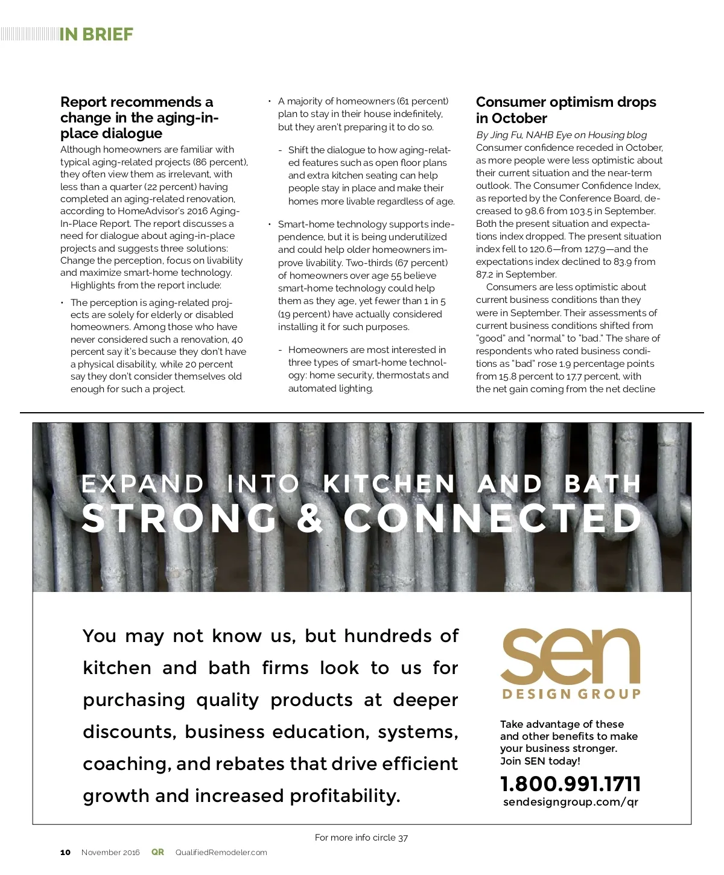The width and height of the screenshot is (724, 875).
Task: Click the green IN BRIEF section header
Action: click(x=96, y=34)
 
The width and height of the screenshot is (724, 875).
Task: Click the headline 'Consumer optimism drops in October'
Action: click(x=565, y=110)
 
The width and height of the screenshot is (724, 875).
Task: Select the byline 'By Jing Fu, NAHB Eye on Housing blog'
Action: click(x=561, y=135)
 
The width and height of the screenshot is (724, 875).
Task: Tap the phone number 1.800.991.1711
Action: click(x=570, y=784)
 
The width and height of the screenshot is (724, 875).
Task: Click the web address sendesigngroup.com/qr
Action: click(x=570, y=802)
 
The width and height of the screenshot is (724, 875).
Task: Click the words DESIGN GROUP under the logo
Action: click(x=571, y=694)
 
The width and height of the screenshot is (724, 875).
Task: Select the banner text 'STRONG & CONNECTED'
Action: click(x=362, y=519)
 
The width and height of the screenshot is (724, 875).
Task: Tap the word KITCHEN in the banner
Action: click(x=389, y=484)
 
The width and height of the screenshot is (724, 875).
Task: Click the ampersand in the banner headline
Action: click(x=311, y=519)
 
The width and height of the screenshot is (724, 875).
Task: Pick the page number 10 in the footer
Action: click(x=65, y=853)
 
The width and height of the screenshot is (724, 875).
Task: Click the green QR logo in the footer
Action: click(x=157, y=852)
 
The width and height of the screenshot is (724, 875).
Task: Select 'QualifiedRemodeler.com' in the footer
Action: click(x=221, y=853)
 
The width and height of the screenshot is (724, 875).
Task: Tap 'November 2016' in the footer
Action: click(x=110, y=853)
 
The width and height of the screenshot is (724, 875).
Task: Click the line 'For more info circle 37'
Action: click(x=361, y=838)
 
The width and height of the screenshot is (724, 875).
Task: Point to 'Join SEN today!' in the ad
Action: click(x=540, y=761)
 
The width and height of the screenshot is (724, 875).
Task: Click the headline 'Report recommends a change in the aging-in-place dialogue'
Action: click(x=139, y=118)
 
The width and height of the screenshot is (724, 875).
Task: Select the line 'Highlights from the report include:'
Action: click(x=146, y=285)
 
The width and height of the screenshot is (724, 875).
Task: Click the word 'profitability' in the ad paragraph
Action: click(x=344, y=796)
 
